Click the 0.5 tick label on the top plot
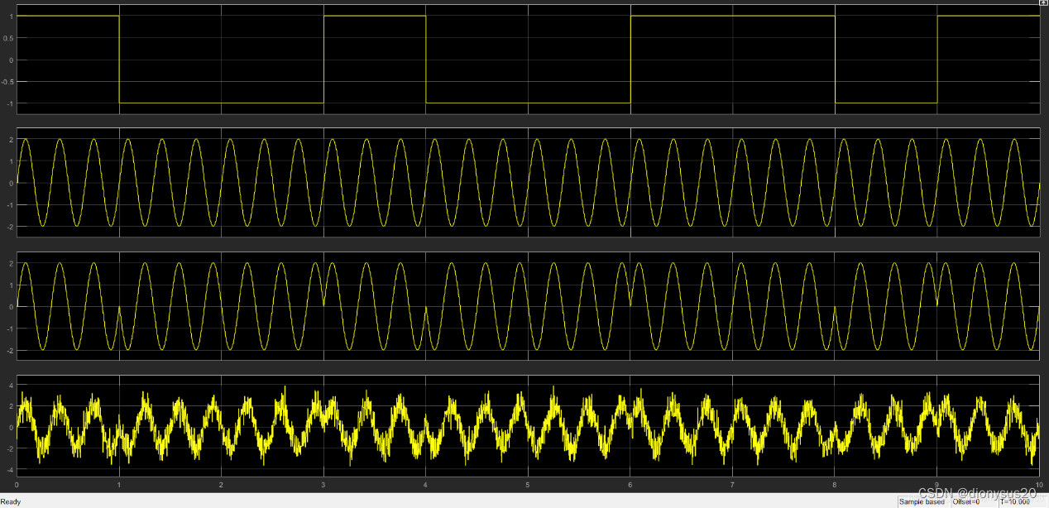(x=10, y=38)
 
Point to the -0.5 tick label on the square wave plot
(x=9, y=82)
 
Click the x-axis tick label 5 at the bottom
(x=527, y=483)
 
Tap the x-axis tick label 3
(x=323, y=483)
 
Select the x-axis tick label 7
(x=732, y=483)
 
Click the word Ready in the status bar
(x=11, y=501)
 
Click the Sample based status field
(x=921, y=501)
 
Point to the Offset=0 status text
(x=965, y=501)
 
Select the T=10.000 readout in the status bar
(x=1014, y=501)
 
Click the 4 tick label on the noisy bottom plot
(x=11, y=386)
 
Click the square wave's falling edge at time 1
(x=119, y=60)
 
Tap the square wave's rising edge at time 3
(x=323, y=60)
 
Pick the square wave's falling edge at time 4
(x=425, y=60)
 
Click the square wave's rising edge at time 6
(x=630, y=60)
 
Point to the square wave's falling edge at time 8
(x=835, y=60)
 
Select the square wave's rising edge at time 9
(x=937, y=60)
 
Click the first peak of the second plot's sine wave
(x=25, y=140)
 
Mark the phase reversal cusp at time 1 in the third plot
(x=119, y=307)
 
